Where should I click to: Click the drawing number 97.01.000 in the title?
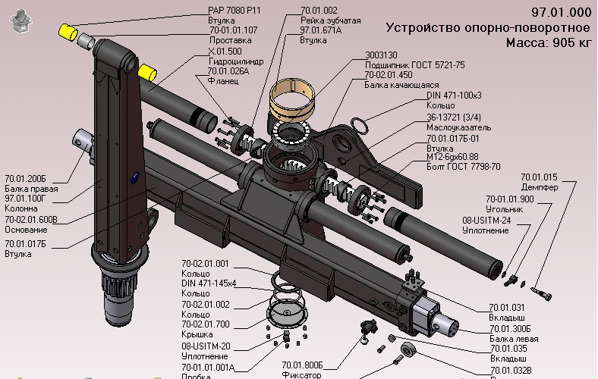[x=561, y=12]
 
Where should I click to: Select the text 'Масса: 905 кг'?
[x=548, y=42]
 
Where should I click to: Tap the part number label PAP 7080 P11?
[x=234, y=11]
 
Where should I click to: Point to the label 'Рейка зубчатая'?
[x=330, y=20]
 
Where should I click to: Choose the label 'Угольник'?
[x=505, y=208]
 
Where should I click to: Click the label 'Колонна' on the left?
[x=21, y=208]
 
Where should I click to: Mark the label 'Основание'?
[x=26, y=230]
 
